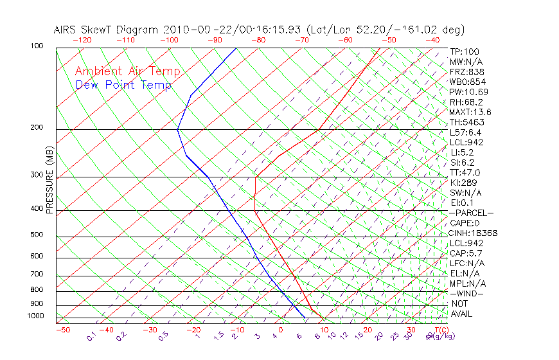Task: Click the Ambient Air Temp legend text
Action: (x=127, y=71)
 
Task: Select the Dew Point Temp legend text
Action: (x=123, y=85)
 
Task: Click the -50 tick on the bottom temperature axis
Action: (x=62, y=330)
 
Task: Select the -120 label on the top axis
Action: (x=82, y=40)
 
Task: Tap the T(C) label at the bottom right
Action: (x=439, y=330)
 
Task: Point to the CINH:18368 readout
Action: (x=474, y=233)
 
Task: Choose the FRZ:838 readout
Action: (x=467, y=71)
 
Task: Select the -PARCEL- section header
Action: (x=471, y=213)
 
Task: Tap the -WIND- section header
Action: (x=466, y=294)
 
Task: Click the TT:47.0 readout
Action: (x=465, y=173)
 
